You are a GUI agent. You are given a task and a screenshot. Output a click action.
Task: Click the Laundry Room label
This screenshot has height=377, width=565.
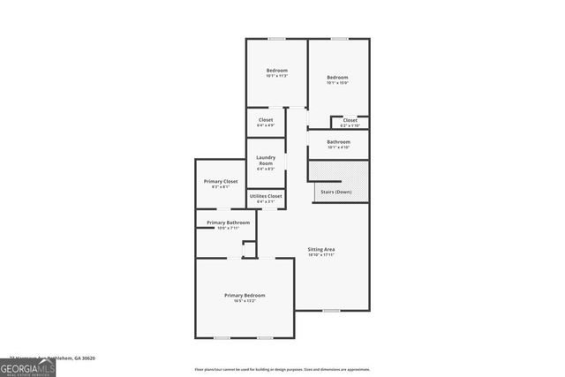click(x=266, y=161)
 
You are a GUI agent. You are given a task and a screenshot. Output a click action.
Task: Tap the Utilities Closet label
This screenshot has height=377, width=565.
click(x=266, y=196)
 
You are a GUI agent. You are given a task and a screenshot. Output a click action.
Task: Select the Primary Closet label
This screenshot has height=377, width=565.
click(x=220, y=181)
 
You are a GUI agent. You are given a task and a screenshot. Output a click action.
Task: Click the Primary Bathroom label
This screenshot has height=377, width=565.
click(x=228, y=222)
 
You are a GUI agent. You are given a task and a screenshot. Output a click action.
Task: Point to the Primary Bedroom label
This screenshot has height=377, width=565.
click(x=245, y=295)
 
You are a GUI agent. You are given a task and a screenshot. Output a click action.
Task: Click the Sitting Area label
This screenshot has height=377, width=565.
click(x=320, y=250)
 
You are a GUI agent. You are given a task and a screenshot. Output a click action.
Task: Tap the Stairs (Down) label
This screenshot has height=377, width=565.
click(x=337, y=192)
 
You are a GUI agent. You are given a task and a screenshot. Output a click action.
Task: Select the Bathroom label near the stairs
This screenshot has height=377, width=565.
click(x=338, y=141)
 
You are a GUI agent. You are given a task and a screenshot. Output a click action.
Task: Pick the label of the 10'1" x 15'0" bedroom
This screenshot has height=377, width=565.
click(x=338, y=78)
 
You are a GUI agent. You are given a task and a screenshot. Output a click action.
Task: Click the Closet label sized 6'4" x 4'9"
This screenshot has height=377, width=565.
click(x=266, y=119)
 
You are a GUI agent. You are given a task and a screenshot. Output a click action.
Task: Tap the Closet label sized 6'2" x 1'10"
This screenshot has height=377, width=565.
click(x=350, y=120)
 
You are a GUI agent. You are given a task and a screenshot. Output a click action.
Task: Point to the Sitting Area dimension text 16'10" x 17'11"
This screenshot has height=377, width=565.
click(x=320, y=256)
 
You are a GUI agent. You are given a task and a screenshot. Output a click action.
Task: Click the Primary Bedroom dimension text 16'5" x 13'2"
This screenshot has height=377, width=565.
click(x=245, y=301)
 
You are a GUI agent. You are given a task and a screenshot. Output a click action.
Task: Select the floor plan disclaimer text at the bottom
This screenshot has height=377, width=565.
click(x=282, y=369)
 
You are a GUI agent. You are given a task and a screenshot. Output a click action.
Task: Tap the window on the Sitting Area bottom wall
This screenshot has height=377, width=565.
click(x=330, y=311)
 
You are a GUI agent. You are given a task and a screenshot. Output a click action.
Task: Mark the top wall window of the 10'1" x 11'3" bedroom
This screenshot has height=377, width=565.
click(x=277, y=39)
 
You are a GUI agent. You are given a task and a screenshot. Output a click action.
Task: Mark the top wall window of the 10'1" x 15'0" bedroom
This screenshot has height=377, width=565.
click(x=338, y=39)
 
